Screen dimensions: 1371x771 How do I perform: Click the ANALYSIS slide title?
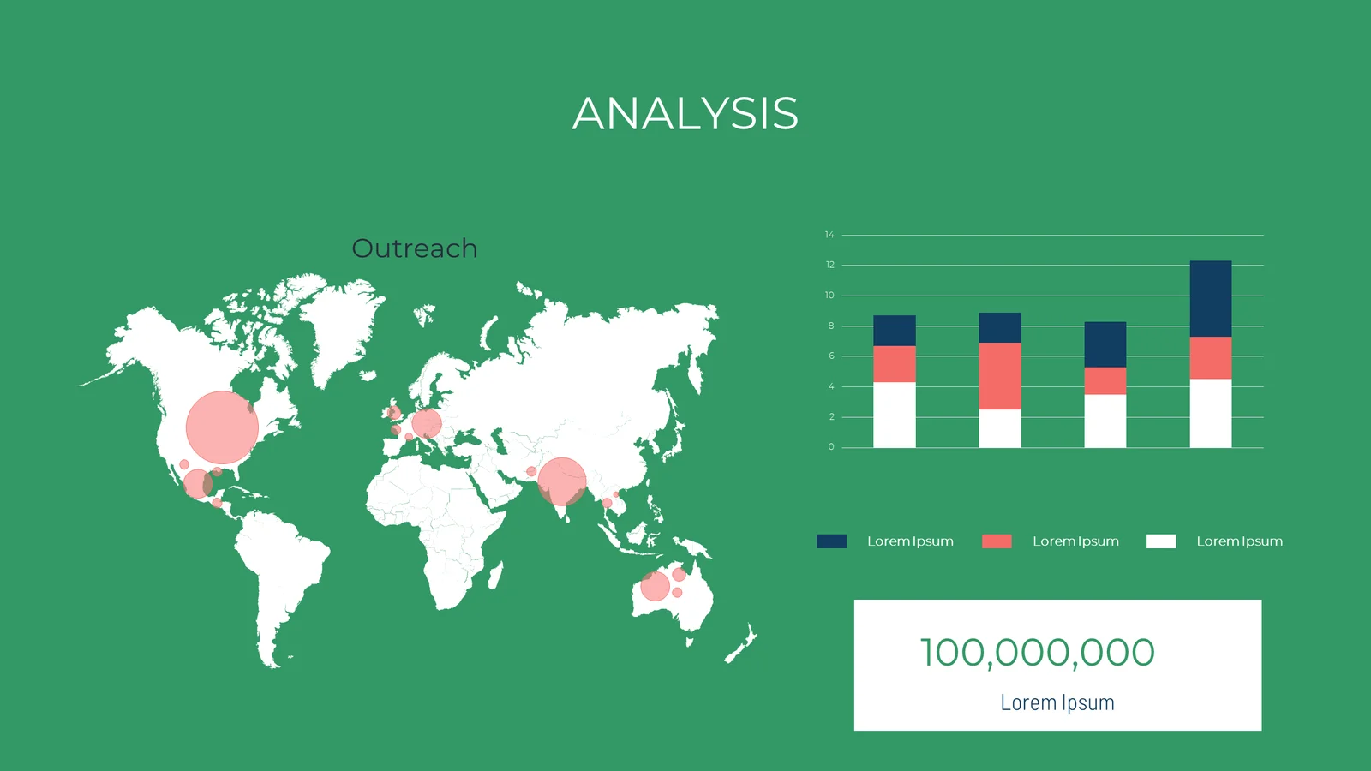pos(685,114)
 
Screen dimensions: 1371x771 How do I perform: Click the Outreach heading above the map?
pos(415,248)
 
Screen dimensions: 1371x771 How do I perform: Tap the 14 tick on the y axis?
pos(829,235)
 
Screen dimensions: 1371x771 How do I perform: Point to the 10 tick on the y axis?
pos(829,295)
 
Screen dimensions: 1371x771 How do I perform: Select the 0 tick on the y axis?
pos(831,446)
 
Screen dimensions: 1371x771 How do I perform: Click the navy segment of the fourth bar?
pos(1211,299)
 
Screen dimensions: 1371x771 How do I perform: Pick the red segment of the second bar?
pos(1000,376)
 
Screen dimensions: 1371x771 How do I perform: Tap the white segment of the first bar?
pos(895,415)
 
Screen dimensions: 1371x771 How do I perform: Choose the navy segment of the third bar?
pos(1105,344)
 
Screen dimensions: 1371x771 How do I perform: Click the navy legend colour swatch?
pos(832,541)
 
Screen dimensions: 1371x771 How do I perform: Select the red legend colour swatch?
pos(997,541)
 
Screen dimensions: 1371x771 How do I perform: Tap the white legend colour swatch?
pos(1161,541)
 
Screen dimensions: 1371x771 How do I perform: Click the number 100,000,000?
pos(1038,652)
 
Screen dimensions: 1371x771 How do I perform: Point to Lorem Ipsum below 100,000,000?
pos(1057,702)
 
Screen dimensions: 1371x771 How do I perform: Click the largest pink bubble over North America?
pos(222,427)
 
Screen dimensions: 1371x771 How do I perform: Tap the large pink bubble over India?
pos(562,481)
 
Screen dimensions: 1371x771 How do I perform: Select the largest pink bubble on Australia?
pos(655,586)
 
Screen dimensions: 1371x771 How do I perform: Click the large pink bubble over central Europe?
pos(427,423)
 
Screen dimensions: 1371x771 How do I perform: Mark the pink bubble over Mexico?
pos(198,484)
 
